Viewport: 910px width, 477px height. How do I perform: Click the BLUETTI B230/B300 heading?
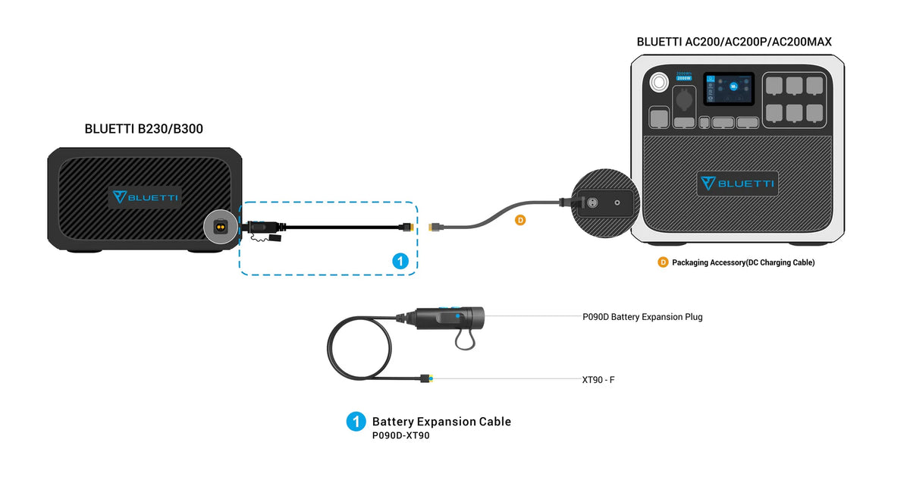pyautogui.click(x=144, y=130)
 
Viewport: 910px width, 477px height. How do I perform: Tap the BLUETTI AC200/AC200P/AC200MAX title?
pyautogui.click(x=734, y=42)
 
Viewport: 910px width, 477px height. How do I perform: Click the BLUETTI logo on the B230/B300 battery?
pyautogui.click(x=146, y=197)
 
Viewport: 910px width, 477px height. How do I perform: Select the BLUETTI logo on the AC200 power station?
pyautogui.click(x=737, y=184)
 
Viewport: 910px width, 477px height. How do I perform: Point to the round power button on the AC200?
pyautogui.click(x=658, y=81)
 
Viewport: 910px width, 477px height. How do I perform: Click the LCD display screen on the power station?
pyautogui.click(x=728, y=89)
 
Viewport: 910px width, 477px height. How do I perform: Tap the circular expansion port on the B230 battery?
pyautogui.click(x=220, y=227)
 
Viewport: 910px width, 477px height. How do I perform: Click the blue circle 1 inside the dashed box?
pyautogui.click(x=401, y=261)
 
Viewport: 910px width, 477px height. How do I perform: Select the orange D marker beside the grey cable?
pyautogui.click(x=519, y=221)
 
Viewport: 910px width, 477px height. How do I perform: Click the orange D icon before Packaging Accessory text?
pyautogui.click(x=663, y=262)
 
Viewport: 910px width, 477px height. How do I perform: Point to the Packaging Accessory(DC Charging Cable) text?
pyautogui.click(x=743, y=262)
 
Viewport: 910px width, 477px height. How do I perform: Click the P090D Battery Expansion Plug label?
pyautogui.click(x=642, y=317)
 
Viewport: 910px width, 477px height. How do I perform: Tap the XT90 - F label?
pyautogui.click(x=598, y=378)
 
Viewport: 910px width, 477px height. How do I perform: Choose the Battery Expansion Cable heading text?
pyautogui.click(x=441, y=422)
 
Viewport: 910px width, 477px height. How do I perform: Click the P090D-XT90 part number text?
pyautogui.click(x=400, y=436)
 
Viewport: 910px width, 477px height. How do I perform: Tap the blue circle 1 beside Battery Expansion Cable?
pyautogui.click(x=356, y=422)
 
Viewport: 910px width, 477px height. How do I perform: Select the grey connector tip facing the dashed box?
pyautogui.click(x=435, y=226)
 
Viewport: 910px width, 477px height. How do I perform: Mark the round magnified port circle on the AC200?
pyautogui.click(x=604, y=202)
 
